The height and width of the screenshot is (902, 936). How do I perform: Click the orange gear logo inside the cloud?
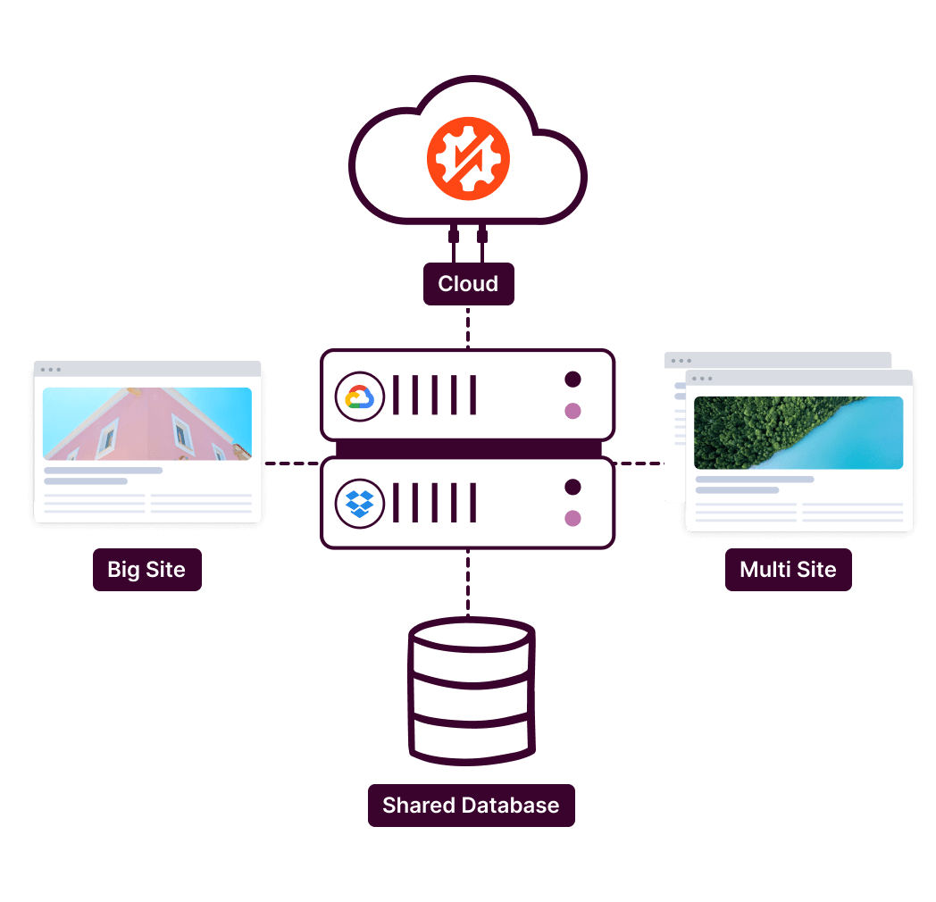click(468, 158)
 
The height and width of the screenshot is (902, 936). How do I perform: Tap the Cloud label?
click(468, 284)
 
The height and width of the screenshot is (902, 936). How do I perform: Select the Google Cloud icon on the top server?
click(359, 397)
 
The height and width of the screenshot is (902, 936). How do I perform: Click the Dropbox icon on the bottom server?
click(359, 504)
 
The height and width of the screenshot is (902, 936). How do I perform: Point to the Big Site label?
click(146, 570)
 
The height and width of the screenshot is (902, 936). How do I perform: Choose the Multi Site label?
click(788, 570)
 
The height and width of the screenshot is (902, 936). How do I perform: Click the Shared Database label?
click(471, 805)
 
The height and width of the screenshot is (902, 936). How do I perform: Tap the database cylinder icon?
click(471, 690)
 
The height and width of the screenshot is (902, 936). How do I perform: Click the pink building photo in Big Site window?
click(147, 423)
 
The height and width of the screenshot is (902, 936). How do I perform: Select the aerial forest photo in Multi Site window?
click(798, 433)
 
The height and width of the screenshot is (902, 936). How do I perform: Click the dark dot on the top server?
click(572, 380)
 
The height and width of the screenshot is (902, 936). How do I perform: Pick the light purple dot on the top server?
click(572, 411)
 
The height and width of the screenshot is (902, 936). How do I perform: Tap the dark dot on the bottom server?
click(572, 487)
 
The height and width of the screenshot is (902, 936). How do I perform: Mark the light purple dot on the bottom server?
click(572, 518)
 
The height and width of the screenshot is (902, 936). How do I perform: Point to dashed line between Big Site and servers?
click(290, 464)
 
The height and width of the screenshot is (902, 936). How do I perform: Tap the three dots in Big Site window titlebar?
click(50, 369)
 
